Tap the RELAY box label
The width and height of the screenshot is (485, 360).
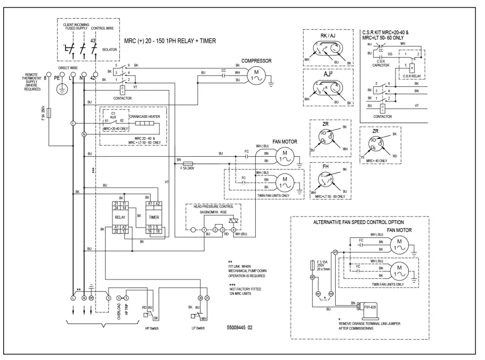[119, 218]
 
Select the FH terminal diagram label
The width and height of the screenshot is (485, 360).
[325, 167]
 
